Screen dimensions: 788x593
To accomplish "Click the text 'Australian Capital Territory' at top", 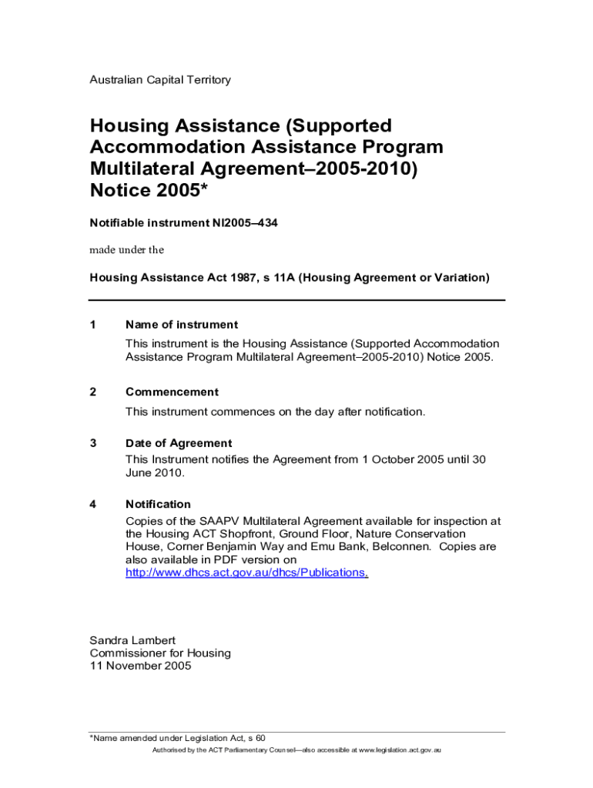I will [x=160, y=80].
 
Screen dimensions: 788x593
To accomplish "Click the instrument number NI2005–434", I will [x=245, y=223].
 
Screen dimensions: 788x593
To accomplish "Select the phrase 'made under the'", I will [x=127, y=249].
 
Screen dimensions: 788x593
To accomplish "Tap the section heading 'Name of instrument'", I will [x=182, y=325].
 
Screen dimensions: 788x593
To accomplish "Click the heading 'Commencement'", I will [x=172, y=392].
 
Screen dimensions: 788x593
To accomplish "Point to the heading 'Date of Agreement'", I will [x=179, y=443].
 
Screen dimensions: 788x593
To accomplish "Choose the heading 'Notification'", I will [x=158, y=504].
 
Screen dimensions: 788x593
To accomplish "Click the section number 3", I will [x=93, y=443].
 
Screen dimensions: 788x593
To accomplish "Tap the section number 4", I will [x=93, y=504].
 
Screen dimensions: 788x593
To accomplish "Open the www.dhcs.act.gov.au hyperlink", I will [x=246, y=573].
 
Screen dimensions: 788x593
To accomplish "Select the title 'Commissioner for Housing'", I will [x=160, y=653].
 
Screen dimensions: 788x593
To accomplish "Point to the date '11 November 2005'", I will [x=141, y=666].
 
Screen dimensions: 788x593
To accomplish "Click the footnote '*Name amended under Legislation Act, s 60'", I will [x=178, y=737].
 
